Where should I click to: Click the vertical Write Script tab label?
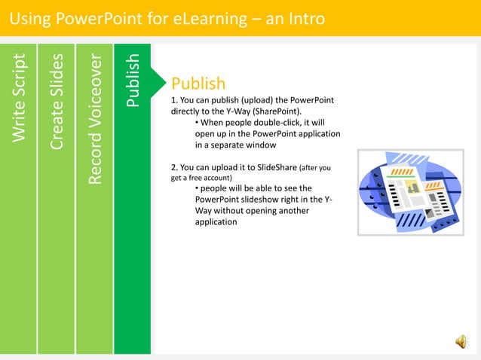pyautogui.click(x=19, y=96)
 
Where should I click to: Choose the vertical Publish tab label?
pyautogui.click(x=133, y=80)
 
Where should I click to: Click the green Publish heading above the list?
pyautogui.click(x=198, y=83)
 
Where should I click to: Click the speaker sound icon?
pyautogui.click(x=460, y=343)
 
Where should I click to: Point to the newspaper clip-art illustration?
pyautogui.click(x=408, y=191)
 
